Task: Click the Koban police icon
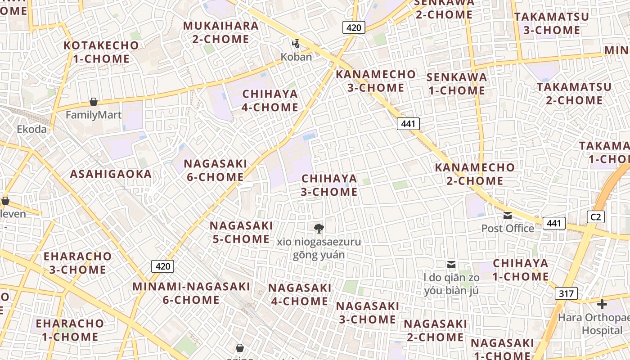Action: pos(296,44)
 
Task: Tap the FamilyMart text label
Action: pos(94,115)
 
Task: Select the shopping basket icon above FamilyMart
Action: pos(94,102)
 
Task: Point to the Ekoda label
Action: pos(31,129)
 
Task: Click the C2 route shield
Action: pos(595,217)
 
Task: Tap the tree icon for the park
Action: pos(319,229)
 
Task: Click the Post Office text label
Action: pos(508,228)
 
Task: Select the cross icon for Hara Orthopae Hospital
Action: pos(602,304)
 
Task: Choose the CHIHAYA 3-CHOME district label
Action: pos(329,185)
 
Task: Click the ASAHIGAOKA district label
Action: pos(111,174)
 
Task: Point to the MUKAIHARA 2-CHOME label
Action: pos(221,32)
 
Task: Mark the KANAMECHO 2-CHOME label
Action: pos(475,174)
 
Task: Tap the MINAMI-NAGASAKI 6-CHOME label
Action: pos(191,293)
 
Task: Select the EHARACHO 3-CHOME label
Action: pos(77,263)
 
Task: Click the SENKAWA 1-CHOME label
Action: pos(457,84)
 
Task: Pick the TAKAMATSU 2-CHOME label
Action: pos(574,93)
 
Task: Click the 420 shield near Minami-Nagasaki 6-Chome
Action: pos(162,266)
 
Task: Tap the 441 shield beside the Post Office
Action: pos(553,223)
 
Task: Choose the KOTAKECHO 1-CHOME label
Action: pos(101,52)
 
